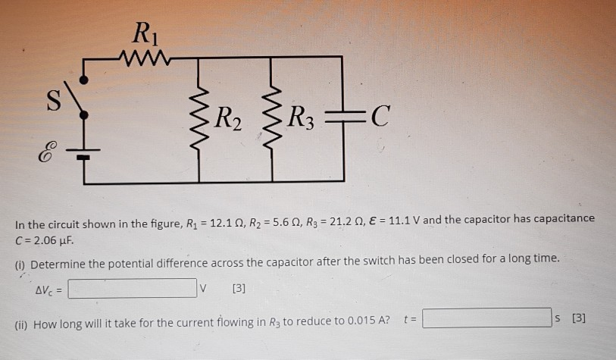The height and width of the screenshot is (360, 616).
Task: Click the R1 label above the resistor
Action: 142,34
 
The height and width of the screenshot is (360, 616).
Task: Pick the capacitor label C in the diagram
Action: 382,117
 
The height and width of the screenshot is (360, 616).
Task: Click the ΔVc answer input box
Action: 132,288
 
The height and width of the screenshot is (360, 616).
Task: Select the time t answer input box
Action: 486,318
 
